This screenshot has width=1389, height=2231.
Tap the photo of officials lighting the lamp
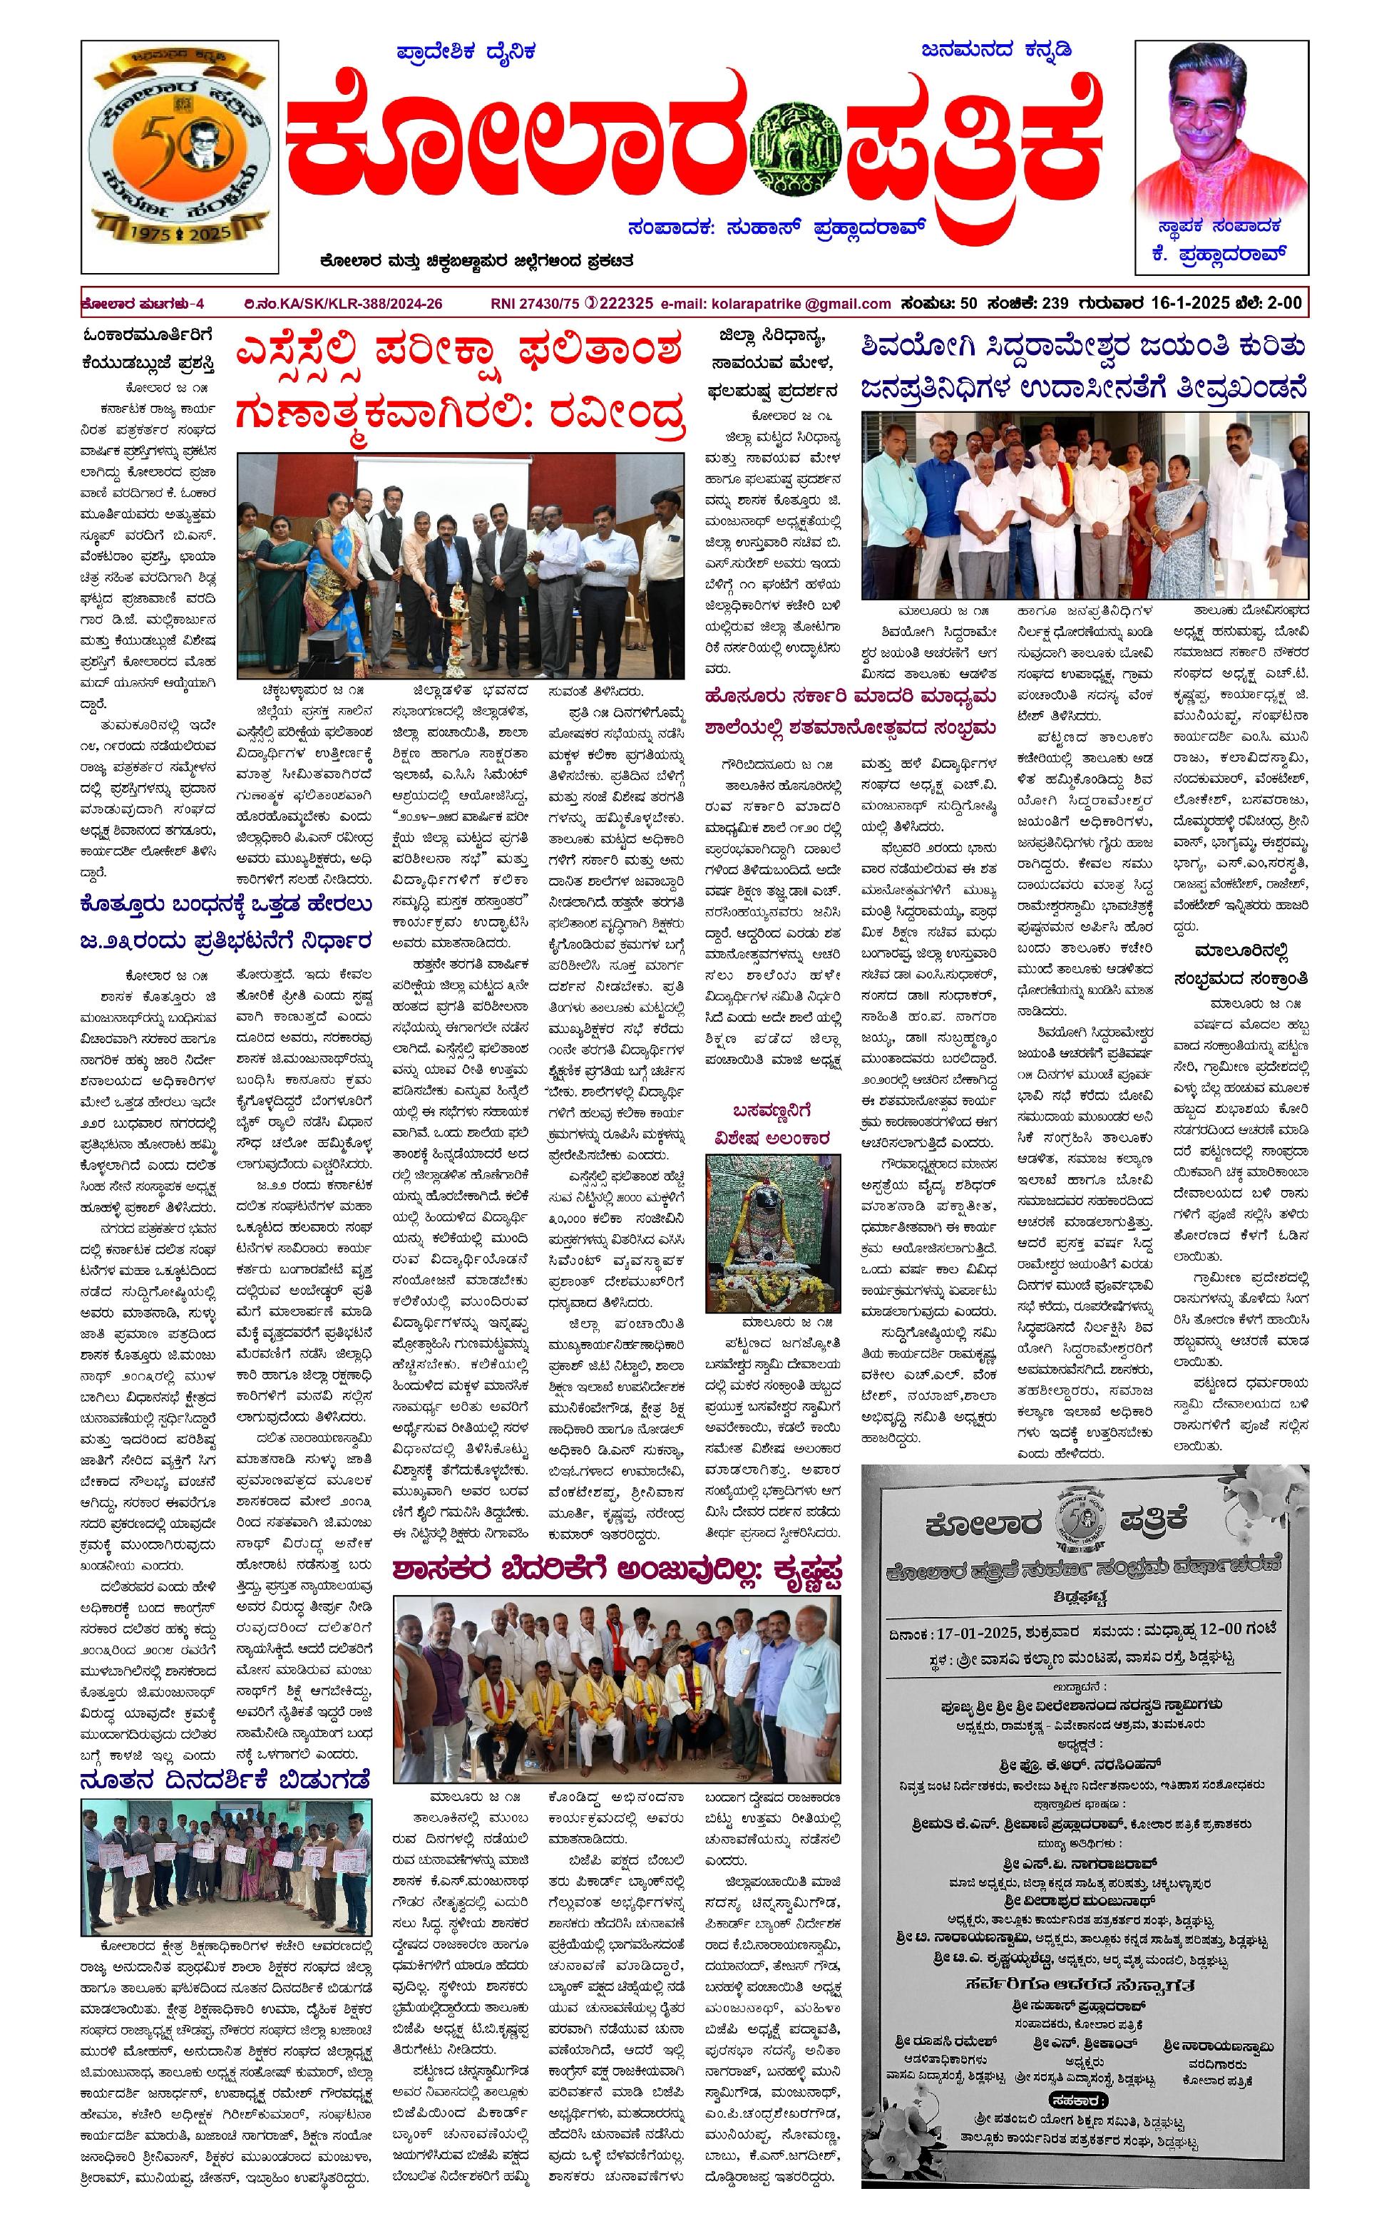460,566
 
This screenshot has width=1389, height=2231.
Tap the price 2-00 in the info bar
1281,303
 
